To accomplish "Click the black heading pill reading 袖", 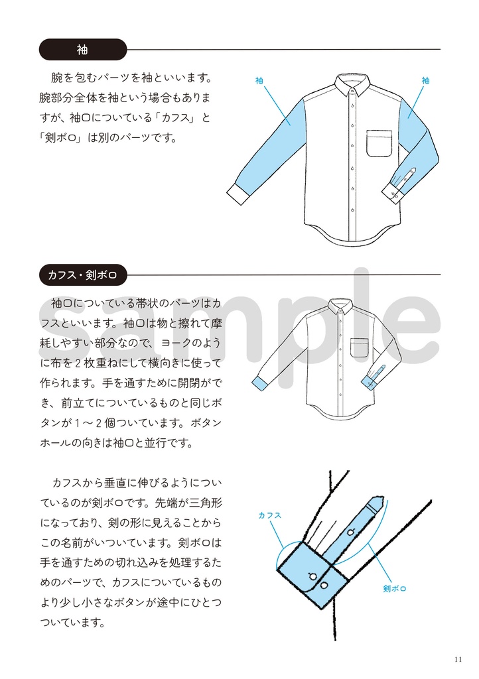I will coord(82,50).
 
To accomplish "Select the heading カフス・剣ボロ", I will coord(82,274).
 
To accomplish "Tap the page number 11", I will coord(458,659).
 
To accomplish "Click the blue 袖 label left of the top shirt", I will coord(259,81).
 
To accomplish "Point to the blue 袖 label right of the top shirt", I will coord(425,81).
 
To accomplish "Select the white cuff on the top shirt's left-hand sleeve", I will coord(237,192).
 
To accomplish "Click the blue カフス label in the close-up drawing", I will coord(269,515).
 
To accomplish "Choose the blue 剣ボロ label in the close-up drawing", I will coord(395,588).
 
